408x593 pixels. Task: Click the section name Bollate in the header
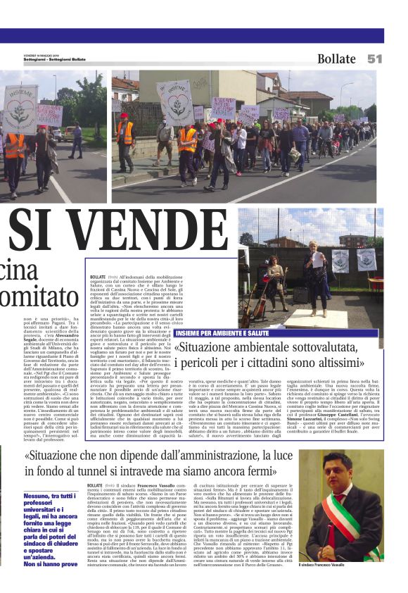point(336,58)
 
